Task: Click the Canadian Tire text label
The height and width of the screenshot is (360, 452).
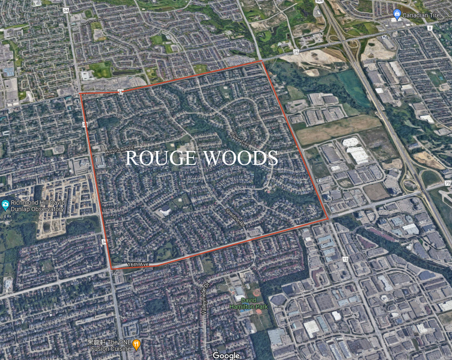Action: pyautogui.click(x=422, y=15)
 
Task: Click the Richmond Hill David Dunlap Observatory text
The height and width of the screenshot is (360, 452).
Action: pyautogui.click(x=38, y=206)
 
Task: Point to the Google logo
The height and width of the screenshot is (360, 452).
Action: pyautogui.click(x=226, y=356)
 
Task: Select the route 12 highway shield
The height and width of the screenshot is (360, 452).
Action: pyautogui.click(x=345, y=247)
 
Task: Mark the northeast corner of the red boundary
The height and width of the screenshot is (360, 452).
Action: pyautogui.click(x=262, y=62)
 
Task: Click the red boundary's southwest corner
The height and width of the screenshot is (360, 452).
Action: pyautogui.click(x=112, y=269)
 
